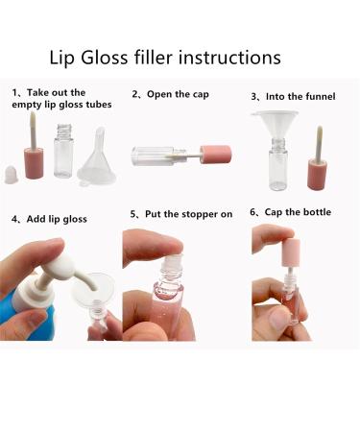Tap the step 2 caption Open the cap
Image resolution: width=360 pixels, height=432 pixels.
coord(176,94)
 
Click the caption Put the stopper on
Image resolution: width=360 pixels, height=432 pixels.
coord(182,214)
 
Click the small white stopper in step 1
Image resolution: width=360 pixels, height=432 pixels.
coord(13,177)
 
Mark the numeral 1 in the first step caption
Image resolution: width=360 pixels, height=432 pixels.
coord(14,93)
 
